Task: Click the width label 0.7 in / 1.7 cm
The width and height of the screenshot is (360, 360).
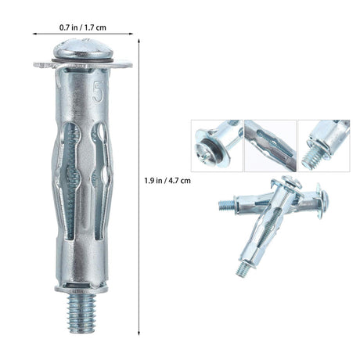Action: (x=84, y=27)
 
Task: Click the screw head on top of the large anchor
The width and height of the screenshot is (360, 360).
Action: (x=82, y=51)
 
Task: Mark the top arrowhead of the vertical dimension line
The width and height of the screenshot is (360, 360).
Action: (x=141, y=44)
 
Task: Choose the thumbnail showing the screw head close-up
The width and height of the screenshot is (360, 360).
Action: (x=217, y=146)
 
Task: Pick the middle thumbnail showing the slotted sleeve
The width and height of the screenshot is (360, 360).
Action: (x=270, y=146)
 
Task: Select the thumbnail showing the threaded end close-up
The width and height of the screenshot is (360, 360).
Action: (x=324, y=146)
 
